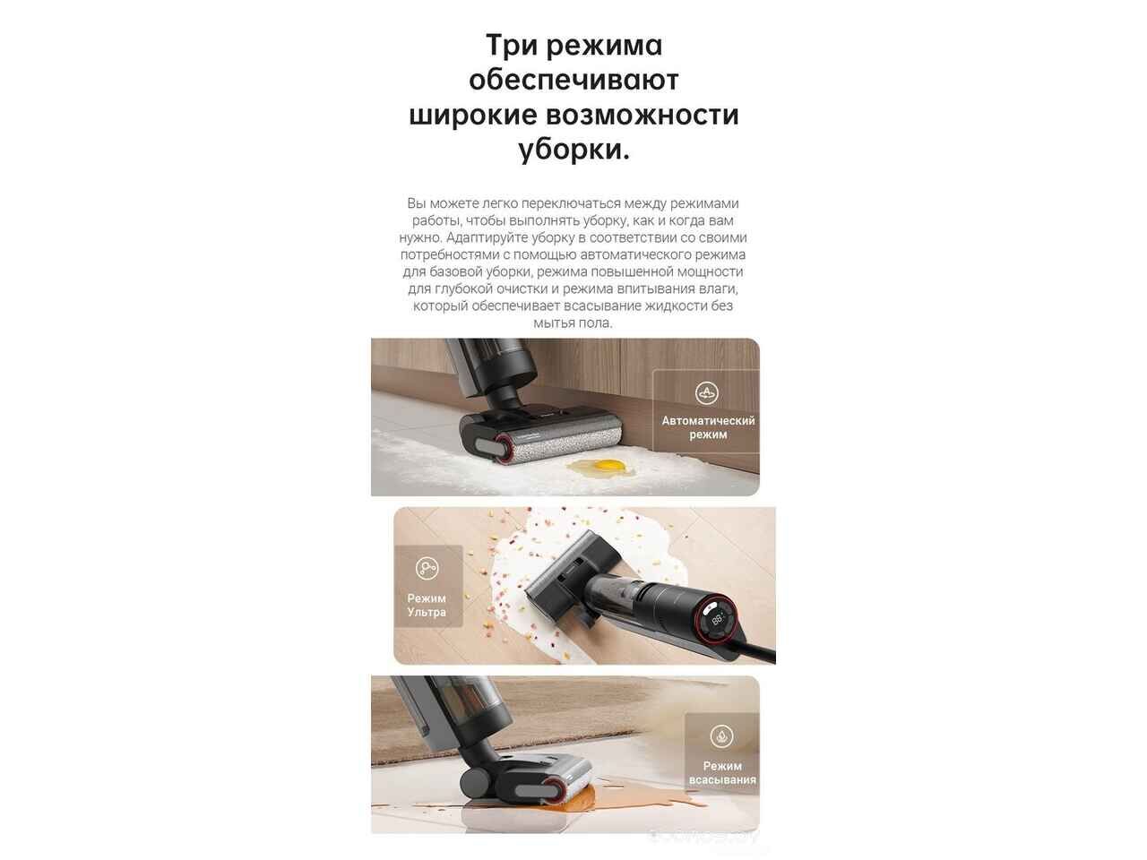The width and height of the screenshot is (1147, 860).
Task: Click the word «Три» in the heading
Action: pos(513,46)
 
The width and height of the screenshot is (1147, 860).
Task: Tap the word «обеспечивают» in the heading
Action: pos(573,81)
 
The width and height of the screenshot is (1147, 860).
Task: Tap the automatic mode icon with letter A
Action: pos(707,393)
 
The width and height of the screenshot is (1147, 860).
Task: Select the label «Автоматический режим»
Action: pos(708,427)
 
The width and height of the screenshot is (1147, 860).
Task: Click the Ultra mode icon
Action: pos(427,568)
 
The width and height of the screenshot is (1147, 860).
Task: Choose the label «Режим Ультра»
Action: pos(427,605)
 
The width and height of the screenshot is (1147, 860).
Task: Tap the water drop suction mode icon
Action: pos(721,735)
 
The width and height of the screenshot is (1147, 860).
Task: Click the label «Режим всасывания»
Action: pos(722,773)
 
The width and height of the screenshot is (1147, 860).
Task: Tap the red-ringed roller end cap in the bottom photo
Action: pos(552,792)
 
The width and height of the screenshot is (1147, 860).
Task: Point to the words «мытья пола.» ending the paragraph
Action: pos(573,323)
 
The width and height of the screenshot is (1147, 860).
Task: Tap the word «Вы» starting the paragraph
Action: pos(417,203)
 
